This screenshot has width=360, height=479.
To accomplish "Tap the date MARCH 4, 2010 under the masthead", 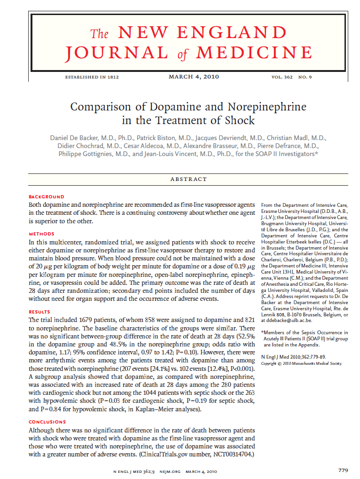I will [x=194, y=77].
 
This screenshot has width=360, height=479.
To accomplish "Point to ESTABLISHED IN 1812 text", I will [x=92, y=77].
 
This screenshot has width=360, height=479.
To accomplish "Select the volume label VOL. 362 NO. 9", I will [x=292, y=77].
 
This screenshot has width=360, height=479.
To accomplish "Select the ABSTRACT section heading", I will [x=188, y=179].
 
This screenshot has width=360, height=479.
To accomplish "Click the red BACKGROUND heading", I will [x=47, y=196].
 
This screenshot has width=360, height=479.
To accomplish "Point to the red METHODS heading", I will [x=42, y=234].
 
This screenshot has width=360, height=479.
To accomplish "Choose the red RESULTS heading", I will [x=41, y=312].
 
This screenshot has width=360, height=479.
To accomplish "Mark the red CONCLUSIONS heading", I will [x=47, y=422].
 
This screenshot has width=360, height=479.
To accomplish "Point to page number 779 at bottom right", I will [x=343, y=470].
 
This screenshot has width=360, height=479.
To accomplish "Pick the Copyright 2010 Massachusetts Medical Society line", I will [x=301, y=363].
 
